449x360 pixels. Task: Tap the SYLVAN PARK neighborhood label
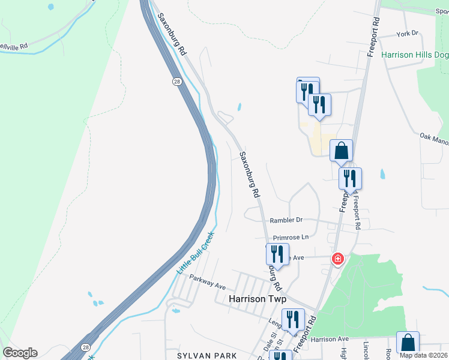(207, 356)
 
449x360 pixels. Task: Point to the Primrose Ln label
(291, 238)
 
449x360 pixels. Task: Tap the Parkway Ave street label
(207, 280)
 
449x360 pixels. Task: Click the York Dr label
(406, 34)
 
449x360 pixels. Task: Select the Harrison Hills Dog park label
(414, 55)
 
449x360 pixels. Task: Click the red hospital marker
(338, 259)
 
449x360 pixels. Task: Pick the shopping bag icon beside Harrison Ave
(408, 343)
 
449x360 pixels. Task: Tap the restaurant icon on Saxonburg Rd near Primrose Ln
(277, 253)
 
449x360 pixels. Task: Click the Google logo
(20, 353)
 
